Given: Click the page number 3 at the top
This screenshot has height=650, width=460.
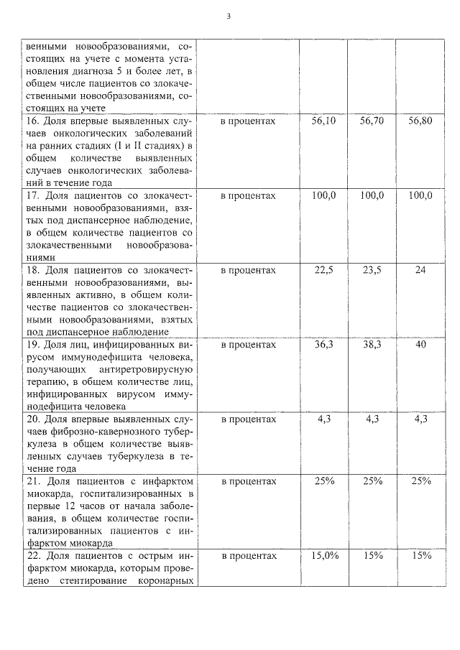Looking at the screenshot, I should [228, 16].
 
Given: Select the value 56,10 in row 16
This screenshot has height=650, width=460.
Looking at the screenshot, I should [323, 121].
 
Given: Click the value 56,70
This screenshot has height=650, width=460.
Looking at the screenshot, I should [372, 121].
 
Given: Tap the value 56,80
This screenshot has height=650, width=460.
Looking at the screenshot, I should [420, 121].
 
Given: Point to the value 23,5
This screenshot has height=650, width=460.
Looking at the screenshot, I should [372, 270].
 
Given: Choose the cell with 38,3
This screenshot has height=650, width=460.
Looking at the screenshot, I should [372, 345].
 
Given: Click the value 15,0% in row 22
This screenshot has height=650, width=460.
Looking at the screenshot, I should [323, 555].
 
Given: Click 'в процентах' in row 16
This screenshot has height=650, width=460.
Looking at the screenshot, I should [248, 121].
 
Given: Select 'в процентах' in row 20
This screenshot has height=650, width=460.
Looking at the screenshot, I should [248, 419].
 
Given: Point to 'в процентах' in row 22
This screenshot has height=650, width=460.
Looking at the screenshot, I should [248, 555].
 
